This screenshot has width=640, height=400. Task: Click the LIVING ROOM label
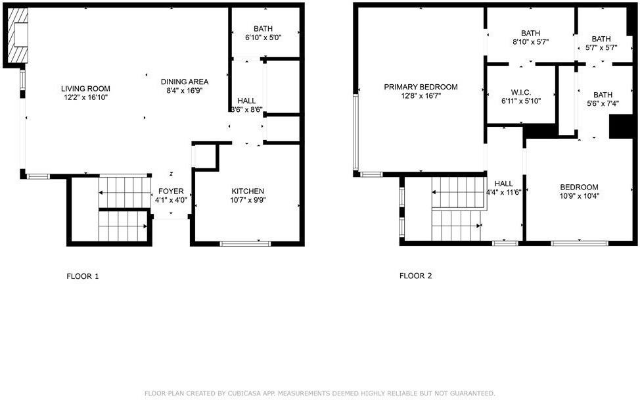[85, 88]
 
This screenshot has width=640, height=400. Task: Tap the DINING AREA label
[185, 82]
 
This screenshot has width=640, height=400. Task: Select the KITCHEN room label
[247, 191]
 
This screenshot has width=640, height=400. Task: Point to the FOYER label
[171, 191]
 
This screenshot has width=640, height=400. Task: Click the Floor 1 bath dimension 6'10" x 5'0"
[263, 38]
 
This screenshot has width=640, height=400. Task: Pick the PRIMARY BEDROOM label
[421, 87]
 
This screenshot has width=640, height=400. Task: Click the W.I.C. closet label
[520, 92]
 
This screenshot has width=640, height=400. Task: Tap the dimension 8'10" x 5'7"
[530, 41]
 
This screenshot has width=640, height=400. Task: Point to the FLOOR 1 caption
[83, 276]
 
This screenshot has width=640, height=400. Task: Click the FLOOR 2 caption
[415, 276]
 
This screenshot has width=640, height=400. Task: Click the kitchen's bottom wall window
[245, 244]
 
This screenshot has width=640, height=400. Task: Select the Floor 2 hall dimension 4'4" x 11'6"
[504, 193]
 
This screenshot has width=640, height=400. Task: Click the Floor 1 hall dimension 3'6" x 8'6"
[246, 110]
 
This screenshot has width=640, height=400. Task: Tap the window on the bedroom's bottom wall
[579, 243]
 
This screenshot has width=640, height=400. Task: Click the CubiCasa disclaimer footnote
[320, 393]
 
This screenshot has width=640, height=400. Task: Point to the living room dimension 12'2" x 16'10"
[85, 97]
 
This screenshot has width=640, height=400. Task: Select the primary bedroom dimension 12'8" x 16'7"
[421, 96]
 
